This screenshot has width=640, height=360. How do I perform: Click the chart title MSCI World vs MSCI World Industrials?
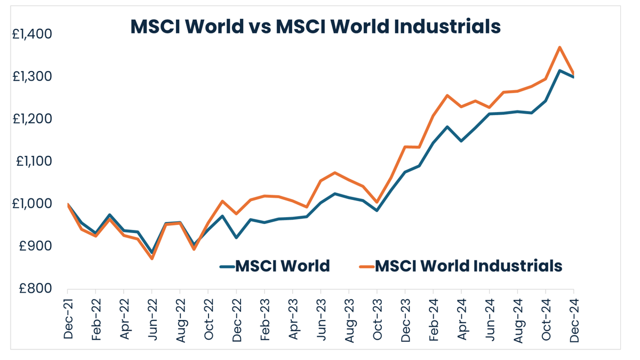316,26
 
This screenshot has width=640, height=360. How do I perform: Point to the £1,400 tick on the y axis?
32,34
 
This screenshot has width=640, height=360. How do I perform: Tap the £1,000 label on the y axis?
32,204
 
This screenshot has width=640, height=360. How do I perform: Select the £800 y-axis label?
35,289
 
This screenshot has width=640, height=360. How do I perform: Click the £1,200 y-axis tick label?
32,119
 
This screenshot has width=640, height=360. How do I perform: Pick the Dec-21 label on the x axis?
68,319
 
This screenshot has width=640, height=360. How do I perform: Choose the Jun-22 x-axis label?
152,319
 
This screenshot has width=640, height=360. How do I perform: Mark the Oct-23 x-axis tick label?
377,319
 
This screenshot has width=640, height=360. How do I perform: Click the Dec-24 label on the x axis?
573,319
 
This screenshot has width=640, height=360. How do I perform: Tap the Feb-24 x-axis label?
433,319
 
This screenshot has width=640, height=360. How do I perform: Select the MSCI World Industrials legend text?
469,265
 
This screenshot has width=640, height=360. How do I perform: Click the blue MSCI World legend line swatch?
227,266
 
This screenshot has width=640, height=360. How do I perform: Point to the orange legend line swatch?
366,266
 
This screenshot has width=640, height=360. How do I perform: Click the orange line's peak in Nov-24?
559,47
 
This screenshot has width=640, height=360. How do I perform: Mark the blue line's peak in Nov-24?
559,70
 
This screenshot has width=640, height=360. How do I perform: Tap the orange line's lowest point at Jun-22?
152,258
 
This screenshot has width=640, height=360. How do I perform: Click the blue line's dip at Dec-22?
236,237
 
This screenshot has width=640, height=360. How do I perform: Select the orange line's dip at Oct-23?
377,203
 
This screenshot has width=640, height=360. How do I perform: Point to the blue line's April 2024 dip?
461,141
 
